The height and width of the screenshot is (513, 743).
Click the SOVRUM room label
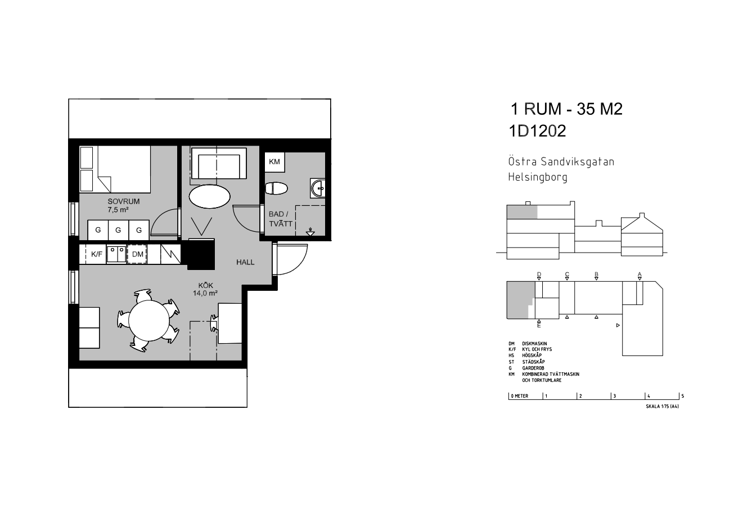click(123, 201)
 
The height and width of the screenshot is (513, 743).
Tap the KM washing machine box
click(274, 162)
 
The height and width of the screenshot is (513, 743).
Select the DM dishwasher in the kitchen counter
click(137, 254)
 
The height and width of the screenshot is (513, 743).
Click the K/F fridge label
click(97, 254)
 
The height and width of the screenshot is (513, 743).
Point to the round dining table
click(149, 321)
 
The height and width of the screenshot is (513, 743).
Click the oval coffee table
click(209, 196)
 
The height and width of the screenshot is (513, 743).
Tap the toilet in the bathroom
click(276, 188)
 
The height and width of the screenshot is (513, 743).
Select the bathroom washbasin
click(318, 188)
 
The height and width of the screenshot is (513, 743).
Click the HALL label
click(245, 262)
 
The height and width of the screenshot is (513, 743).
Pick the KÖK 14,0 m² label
click(205, 289)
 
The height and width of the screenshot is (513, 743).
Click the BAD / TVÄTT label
click(280, 219)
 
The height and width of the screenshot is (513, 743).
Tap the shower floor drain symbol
click(310, 232)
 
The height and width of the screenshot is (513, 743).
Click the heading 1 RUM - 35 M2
click(566, 109)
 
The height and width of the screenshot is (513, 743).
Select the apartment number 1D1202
click(537, 131)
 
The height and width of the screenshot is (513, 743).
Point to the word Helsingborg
click(538, 177)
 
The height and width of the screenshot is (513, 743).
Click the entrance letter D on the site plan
click(539, 274)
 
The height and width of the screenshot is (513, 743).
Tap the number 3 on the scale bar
click(615, 396)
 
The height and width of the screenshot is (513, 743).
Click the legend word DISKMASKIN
click(534, 344)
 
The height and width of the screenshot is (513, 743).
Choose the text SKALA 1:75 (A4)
click(662, 406)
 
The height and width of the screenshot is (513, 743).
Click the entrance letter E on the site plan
click(539, 326)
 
